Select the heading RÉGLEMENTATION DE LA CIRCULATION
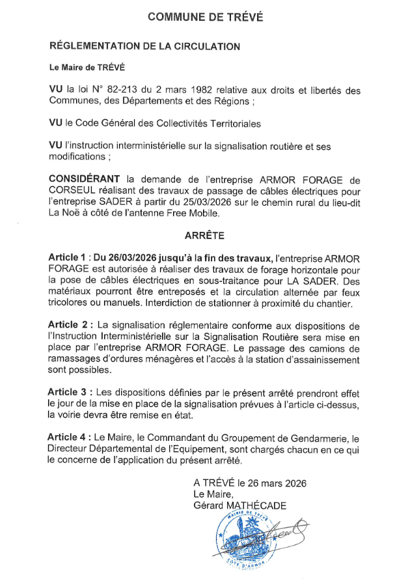click(x=144, y=46)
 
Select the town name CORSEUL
click(x=72, y=190)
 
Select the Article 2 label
click(x=68, y=324)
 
